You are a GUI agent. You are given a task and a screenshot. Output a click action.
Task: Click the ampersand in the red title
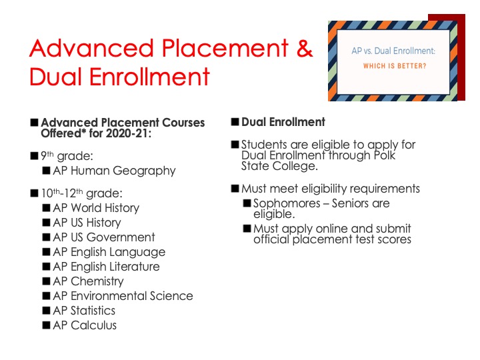tap(304, 48)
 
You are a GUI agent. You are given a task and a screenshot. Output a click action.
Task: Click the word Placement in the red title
tap(225, 48)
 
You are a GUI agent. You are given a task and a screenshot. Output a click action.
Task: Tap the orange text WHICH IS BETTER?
tap(395, 66)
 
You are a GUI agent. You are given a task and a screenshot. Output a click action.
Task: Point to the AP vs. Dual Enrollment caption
tap(393, 51)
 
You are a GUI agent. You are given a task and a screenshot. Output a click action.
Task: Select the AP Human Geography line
tap(114, 171)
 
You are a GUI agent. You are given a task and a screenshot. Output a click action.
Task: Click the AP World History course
tap(96, 208)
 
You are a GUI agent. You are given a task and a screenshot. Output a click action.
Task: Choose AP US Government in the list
tap(104, 237)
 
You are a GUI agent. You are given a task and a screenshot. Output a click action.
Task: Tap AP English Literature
tap(106, 267)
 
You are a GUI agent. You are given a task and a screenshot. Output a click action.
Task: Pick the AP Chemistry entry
tap(88, 281)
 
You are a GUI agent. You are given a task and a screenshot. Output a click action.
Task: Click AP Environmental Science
tap(123, 296)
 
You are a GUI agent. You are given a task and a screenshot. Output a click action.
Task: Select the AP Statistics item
tap(84, 311)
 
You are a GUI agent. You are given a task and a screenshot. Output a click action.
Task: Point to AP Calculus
tap(85, 325)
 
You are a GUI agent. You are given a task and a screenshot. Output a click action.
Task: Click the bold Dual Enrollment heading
tap(283, 122)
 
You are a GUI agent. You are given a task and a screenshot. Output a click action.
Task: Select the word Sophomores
tap(287, 203)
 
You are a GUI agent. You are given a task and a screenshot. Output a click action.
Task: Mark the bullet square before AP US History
tap(46, 223)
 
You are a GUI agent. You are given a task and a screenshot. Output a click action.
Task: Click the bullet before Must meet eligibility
tap(235, 188)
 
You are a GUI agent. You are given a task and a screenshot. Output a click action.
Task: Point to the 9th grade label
tap(67, 156)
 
